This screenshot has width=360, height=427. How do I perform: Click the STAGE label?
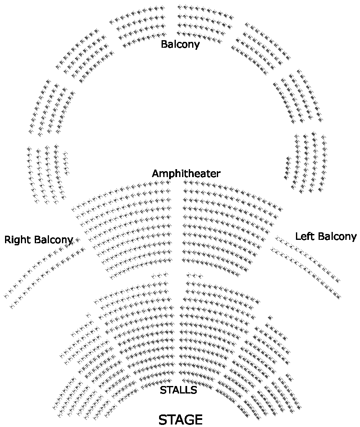click(x=180, y=419)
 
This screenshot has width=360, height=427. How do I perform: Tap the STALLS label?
click(x=178, y=390)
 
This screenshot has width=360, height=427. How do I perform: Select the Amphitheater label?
click(x=186, y=173)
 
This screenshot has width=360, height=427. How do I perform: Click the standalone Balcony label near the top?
click(x=180, y=44)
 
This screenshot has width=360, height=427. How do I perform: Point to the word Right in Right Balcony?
click(x=18, y=240)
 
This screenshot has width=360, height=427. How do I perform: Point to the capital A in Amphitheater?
click(x=156, y=173)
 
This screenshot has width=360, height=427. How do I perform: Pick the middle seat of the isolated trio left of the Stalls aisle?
click(x=159, y=275)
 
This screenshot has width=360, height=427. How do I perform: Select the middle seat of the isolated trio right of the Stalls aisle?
click(x=194, y=275)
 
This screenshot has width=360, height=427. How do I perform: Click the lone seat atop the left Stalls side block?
click(x=88, y=315)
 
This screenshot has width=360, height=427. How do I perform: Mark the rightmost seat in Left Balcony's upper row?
click(x=337, y=280)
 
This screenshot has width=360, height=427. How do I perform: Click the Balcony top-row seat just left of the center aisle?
click(x=162, y=8)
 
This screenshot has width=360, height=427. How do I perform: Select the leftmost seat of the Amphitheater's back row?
click(x=74, y=208)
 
